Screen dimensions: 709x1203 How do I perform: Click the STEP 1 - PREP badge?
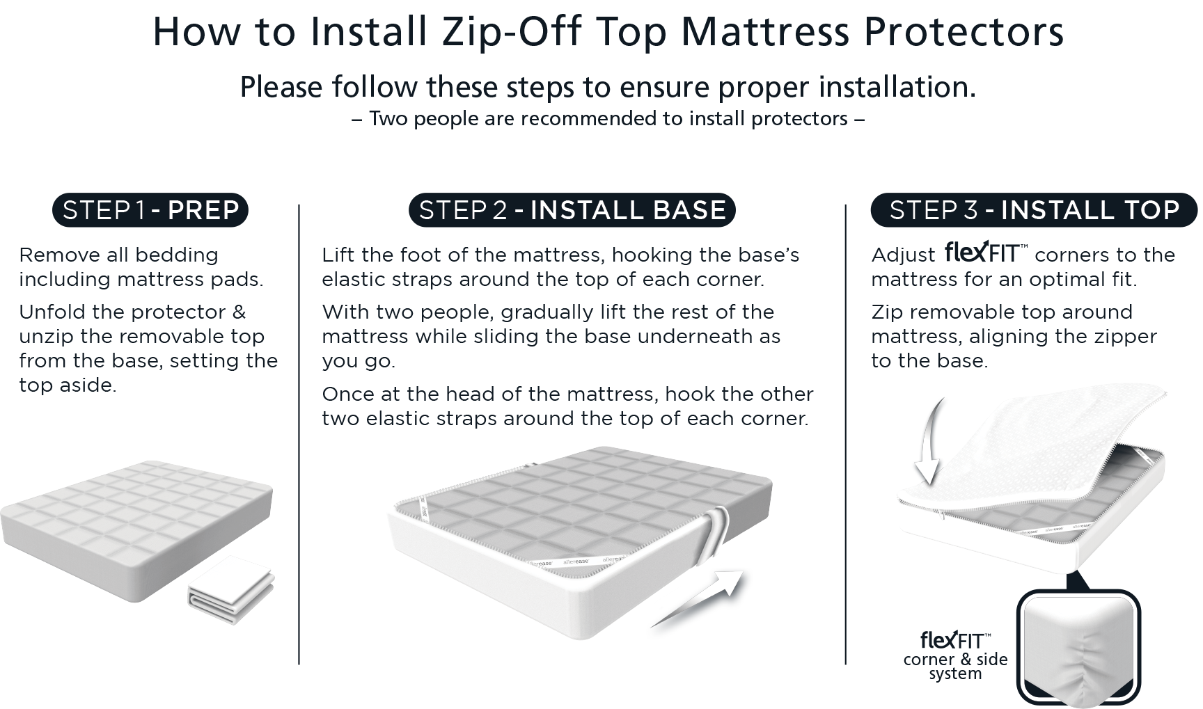[150, 210]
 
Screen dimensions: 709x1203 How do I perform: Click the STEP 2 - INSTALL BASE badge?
[572, 210]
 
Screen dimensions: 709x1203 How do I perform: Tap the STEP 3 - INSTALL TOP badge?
[1034, 210]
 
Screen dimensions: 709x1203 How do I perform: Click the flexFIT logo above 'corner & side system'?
[955, 639]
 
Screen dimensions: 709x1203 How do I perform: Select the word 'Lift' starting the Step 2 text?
[335, 255]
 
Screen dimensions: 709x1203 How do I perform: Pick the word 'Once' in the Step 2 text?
[345, 394]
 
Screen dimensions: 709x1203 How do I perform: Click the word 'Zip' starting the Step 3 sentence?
[887, 312]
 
